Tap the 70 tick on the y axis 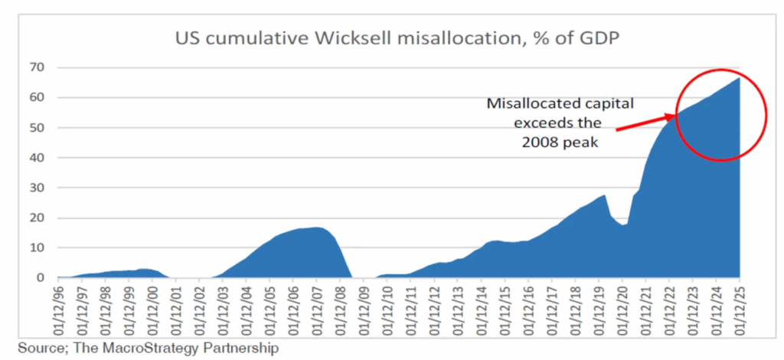(38, 67)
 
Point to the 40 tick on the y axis (38, 158)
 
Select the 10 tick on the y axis (38, 247)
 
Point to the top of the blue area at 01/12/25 (738, 78)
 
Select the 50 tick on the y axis (38, 128)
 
